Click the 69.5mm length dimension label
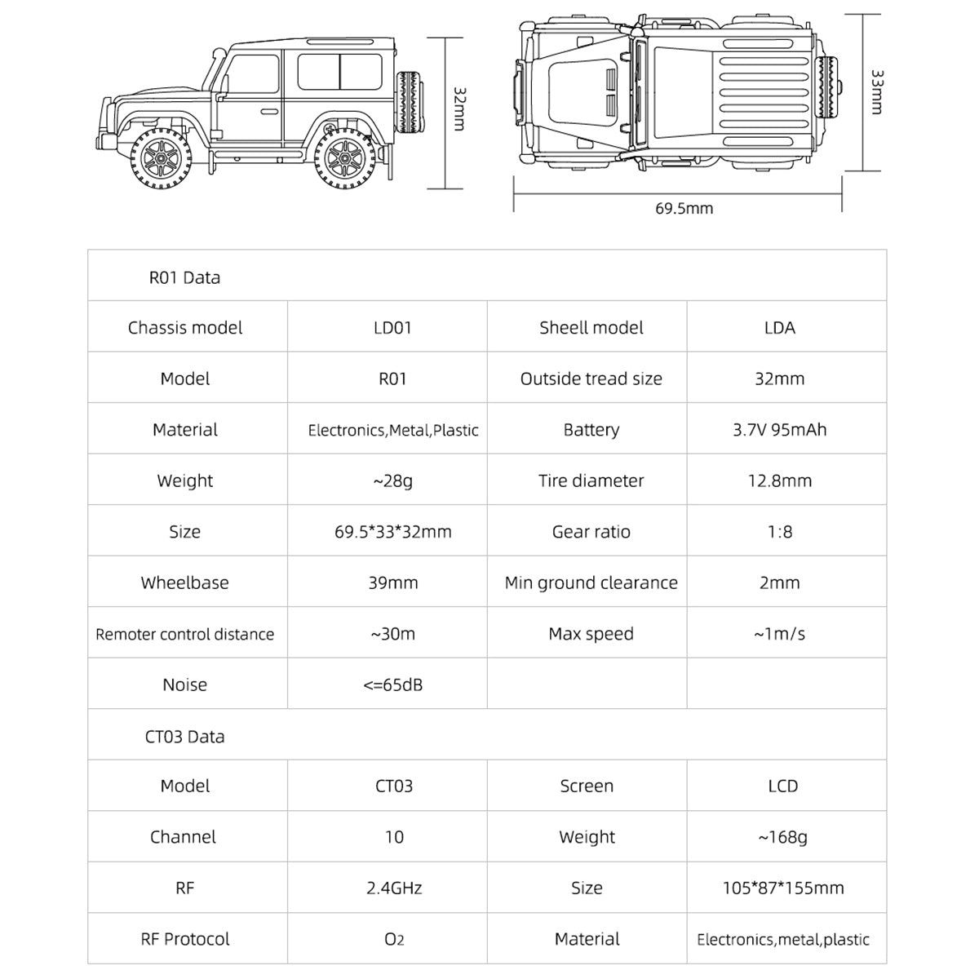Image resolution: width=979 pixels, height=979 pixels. [684, 208]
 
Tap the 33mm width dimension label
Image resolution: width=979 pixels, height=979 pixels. [877, 91]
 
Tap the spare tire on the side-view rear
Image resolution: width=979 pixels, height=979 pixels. [410, 101]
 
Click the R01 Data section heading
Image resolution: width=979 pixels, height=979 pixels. [184, 277]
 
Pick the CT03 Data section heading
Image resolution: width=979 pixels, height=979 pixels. [184, 736]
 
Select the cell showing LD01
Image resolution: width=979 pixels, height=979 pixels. [392, 328]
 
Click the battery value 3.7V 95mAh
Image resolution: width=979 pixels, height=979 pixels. [779, 430]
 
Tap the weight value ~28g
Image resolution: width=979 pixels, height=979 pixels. [392, 481]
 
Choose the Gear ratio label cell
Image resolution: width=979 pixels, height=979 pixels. [591, 532]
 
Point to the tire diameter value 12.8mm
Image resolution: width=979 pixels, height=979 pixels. [779, 481]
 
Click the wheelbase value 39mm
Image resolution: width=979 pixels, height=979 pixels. [392, 583]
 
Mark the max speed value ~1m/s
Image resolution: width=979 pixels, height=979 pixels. [779, 634]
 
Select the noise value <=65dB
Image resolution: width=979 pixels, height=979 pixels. [392, 684]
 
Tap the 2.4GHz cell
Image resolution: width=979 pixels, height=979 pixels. [394, 888]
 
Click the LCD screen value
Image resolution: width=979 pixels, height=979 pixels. [782, 786]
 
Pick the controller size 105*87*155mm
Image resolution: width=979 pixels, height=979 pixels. [782, 888]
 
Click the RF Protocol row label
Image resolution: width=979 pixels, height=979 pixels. [185, 939]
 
